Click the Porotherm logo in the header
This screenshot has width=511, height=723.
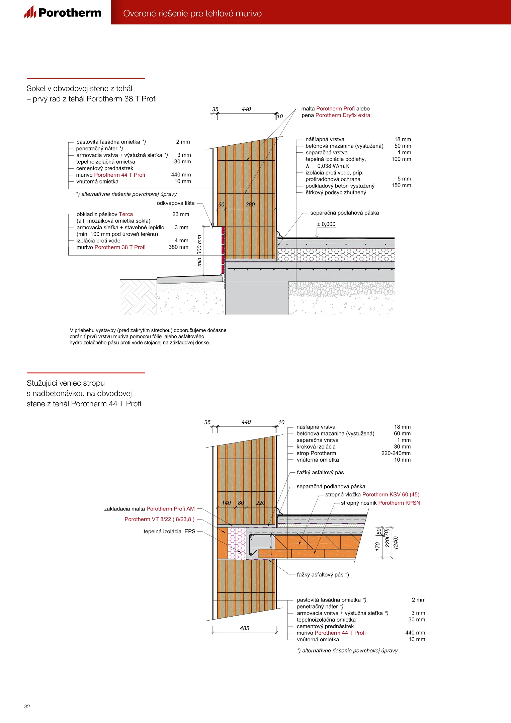point(63,12)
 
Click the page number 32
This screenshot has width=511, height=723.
point(27,706)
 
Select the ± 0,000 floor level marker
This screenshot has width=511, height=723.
point(326,224)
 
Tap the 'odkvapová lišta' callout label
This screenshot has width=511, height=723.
point(175,203)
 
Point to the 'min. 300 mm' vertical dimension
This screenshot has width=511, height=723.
point(199,250)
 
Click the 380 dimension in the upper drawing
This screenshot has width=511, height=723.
point(250,205)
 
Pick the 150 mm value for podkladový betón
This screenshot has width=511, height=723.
point(401,185)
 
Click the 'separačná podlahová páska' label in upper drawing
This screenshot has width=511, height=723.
point(344,213)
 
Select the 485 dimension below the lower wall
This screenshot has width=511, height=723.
point(245,628)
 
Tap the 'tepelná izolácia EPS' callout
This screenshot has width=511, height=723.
point(169,531)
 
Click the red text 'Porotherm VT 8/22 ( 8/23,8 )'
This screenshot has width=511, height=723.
point(159,519)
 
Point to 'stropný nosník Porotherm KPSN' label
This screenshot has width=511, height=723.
point(380,503)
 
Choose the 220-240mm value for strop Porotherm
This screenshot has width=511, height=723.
point(396,453)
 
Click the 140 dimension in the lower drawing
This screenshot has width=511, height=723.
point(226,503)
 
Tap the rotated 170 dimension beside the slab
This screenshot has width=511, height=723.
point(377,546)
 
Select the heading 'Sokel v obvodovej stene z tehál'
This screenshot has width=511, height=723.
point(79,88)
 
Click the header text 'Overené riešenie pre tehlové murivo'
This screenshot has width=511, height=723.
point(192,13)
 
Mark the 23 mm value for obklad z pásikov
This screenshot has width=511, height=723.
point(181,214)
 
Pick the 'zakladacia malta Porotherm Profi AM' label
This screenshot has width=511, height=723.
point(149,509)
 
